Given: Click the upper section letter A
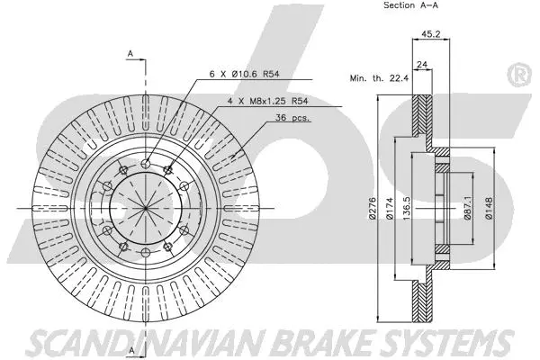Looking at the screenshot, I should [130, 55].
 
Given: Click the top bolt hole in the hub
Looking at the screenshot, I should [145, 163].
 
